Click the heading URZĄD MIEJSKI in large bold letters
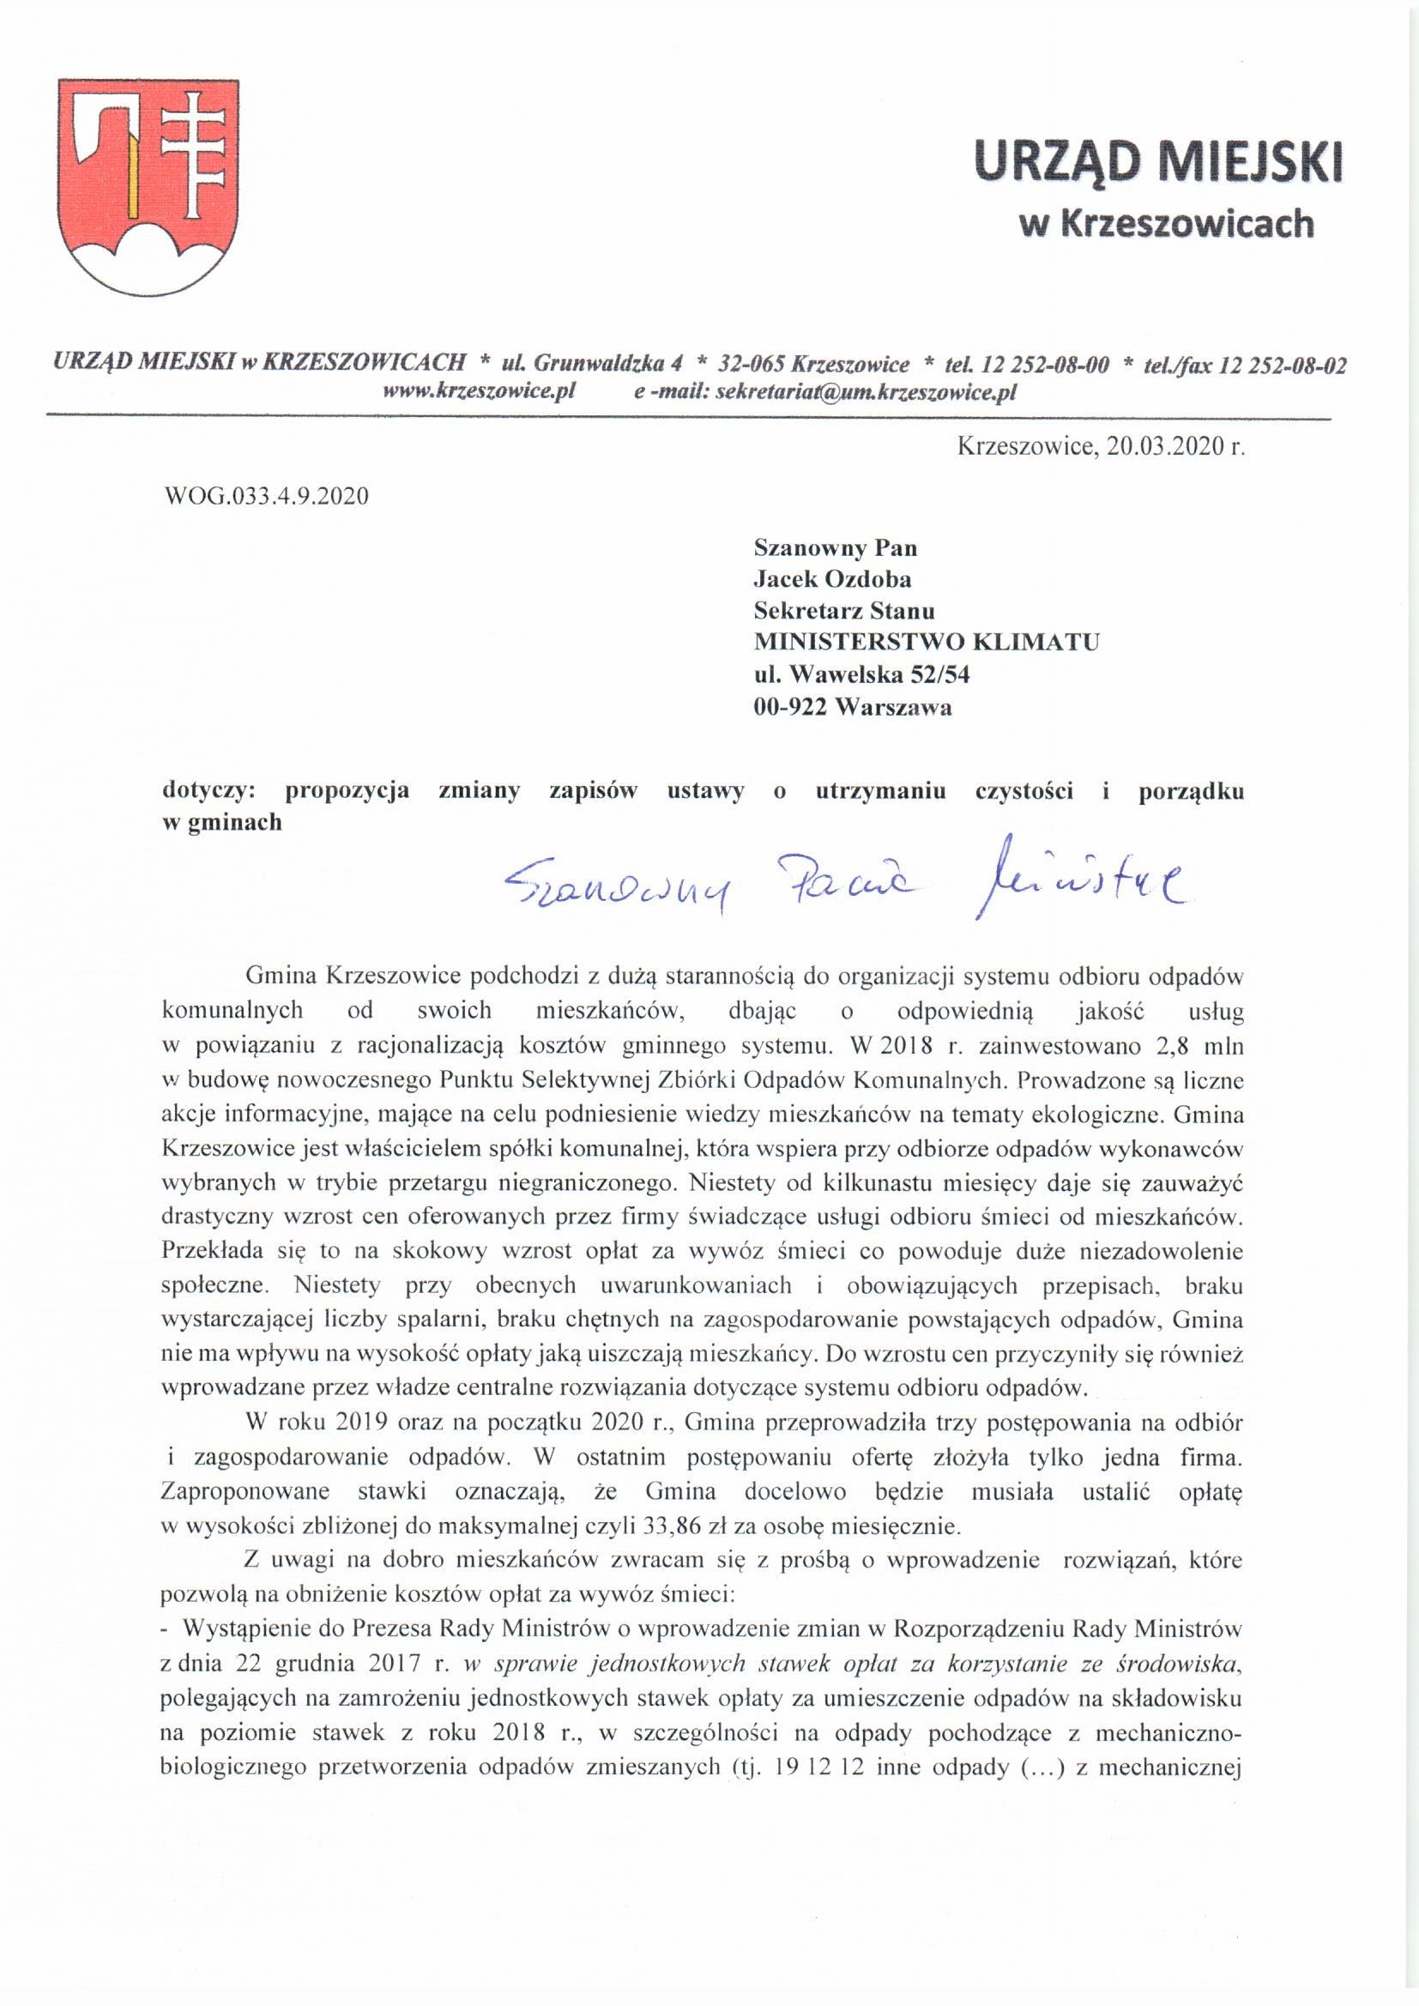pyautogui.click(x=1157, y=164)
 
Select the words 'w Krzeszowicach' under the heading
pyautogui.click(x=1166, y=224)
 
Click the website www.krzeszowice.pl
pyautogui.click(x=479, y=391)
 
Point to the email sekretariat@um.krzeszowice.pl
pyautogui.click(x=865, y=391)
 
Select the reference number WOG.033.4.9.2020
pyautogui.click(x=267, y=496)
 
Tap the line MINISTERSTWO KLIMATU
pyautogui.click(x=927, y=642)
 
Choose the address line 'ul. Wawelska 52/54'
pyautogui.click(x=861, y=674)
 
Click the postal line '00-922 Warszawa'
pyautogui.click(x=853, y=706)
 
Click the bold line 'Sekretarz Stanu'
pyautogui.click(x=844, y=611)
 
